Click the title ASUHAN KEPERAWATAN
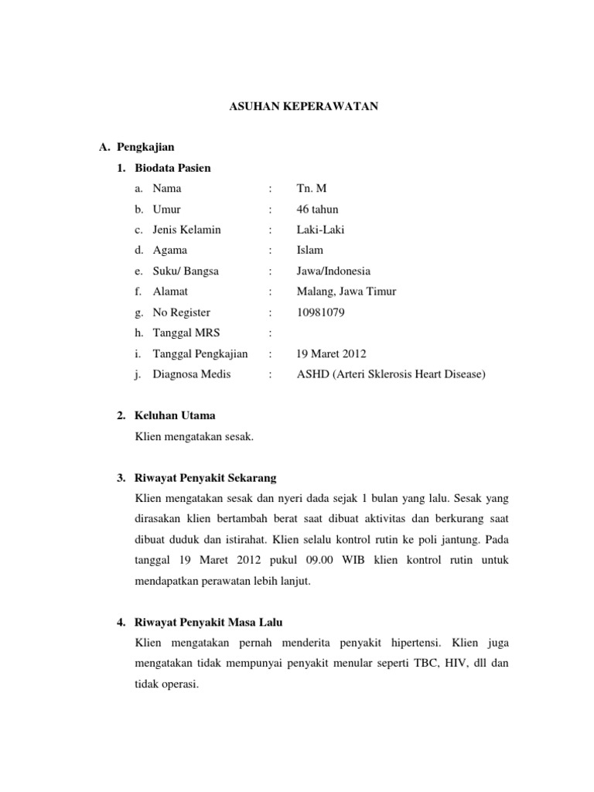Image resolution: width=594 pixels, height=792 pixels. click(x=303, y=106)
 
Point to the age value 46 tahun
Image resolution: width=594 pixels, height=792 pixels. click(x=317, y=209)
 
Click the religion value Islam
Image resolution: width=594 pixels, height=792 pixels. click(x=309, y=250)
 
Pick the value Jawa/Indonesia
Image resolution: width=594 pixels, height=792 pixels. click(x=333, y=271)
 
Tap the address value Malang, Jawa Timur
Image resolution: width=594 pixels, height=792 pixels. click(x=346, y=292)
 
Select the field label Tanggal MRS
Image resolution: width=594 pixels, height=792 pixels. click(x=186, y=333)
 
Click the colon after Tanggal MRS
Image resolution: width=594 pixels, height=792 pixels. click(x=270, y=333)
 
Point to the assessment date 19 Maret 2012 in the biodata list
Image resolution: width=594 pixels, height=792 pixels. click(x=331, y=353)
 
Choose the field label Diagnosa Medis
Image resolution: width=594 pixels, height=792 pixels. click(x=192, y=374)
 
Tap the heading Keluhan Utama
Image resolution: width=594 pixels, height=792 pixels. click(x=175, y=415)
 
